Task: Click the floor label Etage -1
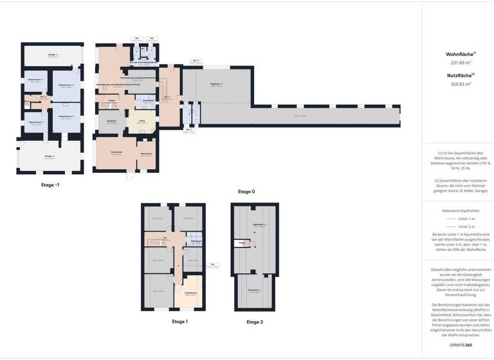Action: tap(50, 184)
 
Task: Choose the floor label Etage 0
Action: tap(246, 192)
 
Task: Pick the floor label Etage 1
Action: tap(179, 321)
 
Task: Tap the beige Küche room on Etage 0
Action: tap(142, 122)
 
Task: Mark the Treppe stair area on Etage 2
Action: tap(242, 243)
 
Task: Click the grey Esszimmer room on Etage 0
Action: tap(107, 122)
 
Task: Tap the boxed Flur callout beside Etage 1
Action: tap(214, 265)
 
